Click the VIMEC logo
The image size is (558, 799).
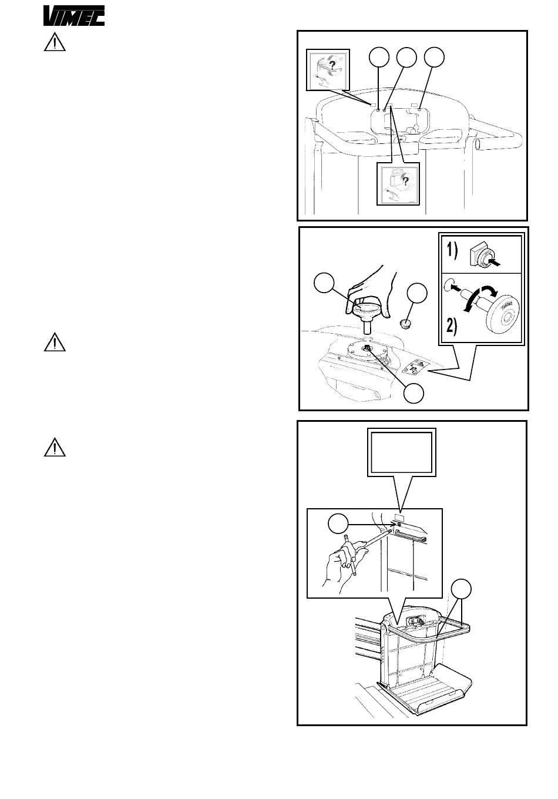[74, 16]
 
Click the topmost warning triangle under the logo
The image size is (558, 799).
[55, 42]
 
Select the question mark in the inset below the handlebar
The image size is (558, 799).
[405, 182]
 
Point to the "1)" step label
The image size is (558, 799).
[452, 251]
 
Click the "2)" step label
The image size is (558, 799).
[452, 326]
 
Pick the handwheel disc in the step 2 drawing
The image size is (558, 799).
[504, 314]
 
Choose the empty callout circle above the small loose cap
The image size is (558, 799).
[417, 293]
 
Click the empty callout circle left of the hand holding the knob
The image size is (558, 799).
[324, 283]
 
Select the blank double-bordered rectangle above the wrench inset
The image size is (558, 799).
[402, 452]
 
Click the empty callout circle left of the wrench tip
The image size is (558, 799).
[338, 524]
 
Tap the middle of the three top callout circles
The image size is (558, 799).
[407, 57]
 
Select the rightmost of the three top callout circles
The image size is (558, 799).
[434, 57]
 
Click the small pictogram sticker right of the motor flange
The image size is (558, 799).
[417, 367]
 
